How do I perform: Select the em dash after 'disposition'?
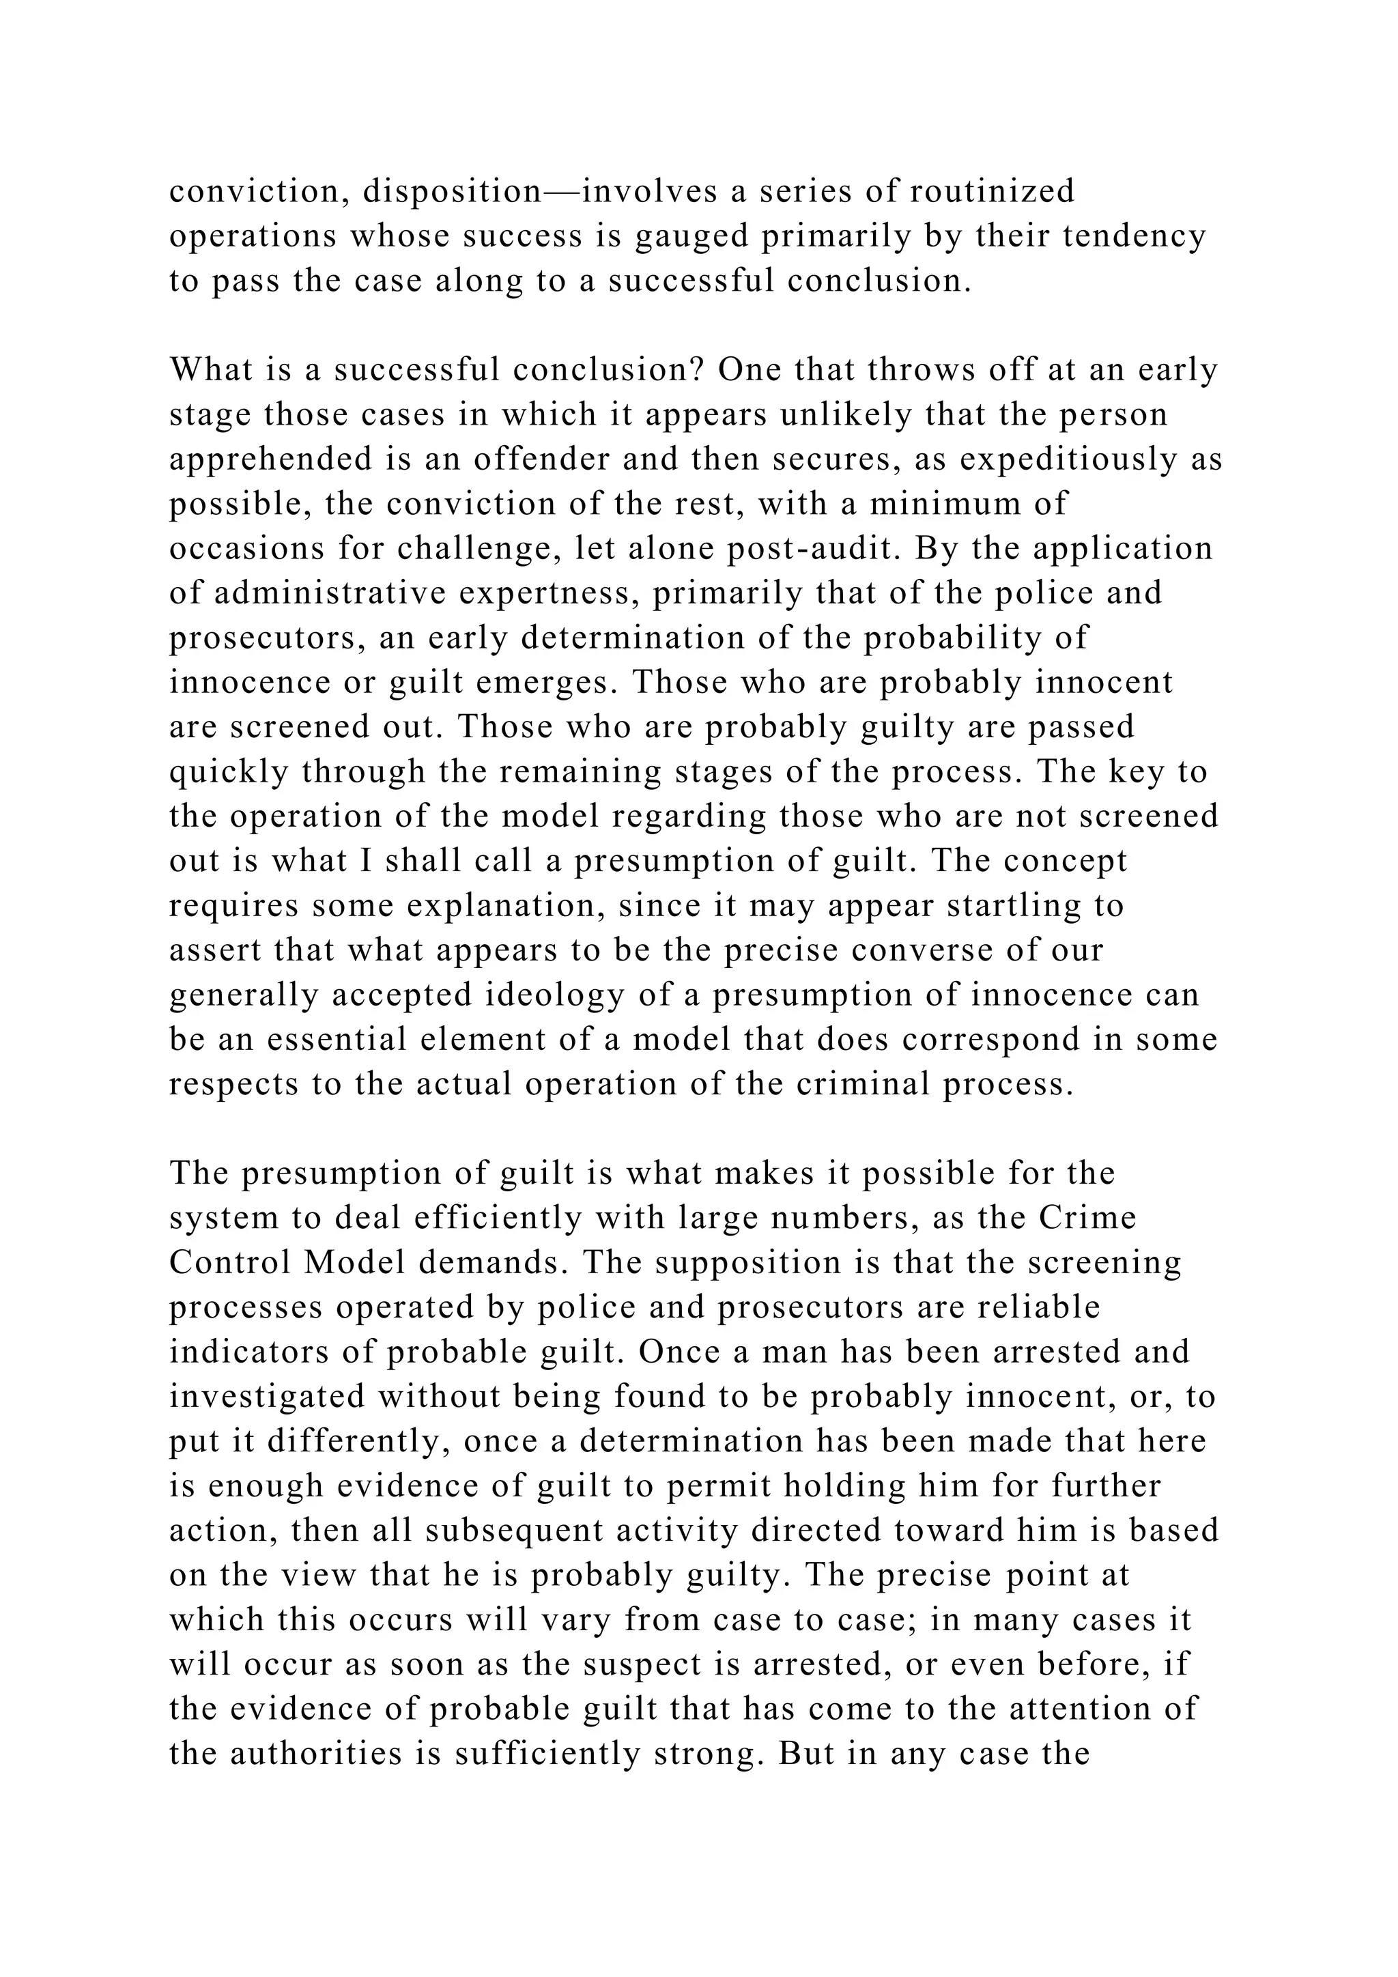[x=561, y=191]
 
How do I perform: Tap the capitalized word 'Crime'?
[x=1088, y=1219]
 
